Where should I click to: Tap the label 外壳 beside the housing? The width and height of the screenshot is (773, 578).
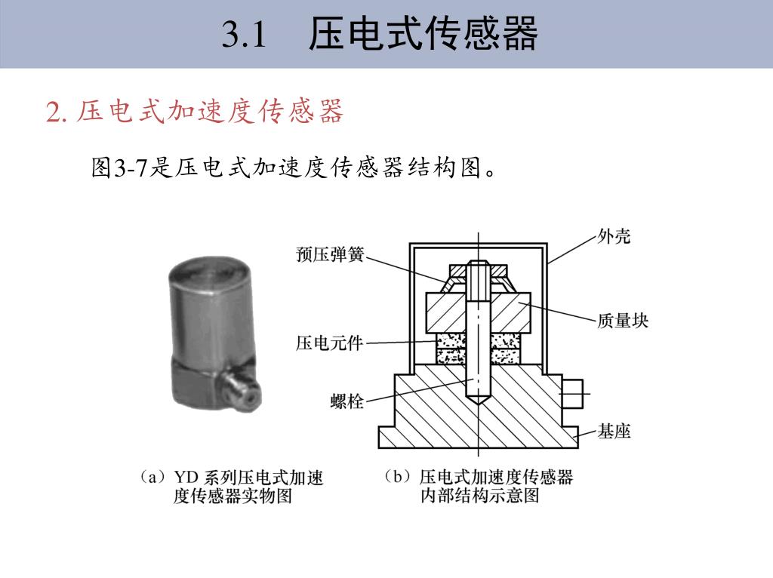click(x=614, y=237)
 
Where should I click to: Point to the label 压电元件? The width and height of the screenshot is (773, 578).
click(x=329, y=344)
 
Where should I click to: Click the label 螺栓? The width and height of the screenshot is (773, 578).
click(x=347, y=401)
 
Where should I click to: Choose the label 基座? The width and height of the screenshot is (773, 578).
click(x=614, y=432)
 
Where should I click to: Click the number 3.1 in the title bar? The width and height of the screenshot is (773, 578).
click(x=245, y=35)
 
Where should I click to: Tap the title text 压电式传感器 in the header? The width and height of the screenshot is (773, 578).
click(x=423, y=35)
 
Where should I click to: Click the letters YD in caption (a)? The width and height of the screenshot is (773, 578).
click(x=186, y=478)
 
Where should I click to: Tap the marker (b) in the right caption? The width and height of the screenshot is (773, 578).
click(x=398, y=478)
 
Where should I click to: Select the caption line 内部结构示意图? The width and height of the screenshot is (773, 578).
click(x=479, y=496)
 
